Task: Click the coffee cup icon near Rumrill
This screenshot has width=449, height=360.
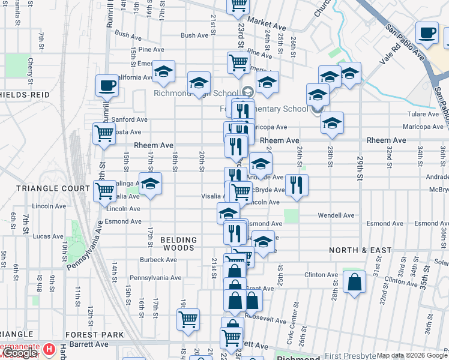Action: click(107, 85)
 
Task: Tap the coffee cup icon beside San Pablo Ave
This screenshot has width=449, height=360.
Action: click(427, 32)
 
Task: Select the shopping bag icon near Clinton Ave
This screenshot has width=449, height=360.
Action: click(355, 283)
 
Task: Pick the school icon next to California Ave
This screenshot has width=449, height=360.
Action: click(163, 71)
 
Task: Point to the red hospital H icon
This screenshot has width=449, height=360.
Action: click(50, 349)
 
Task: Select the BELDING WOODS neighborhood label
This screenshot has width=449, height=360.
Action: click(178, 244)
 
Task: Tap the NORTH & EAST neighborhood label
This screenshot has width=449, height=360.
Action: click(360, 250)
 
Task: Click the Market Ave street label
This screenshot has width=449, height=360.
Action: click(267, 25)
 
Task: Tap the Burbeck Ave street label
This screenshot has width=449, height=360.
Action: click(158, 260)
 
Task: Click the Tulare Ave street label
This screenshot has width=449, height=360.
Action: click(423, 114)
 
